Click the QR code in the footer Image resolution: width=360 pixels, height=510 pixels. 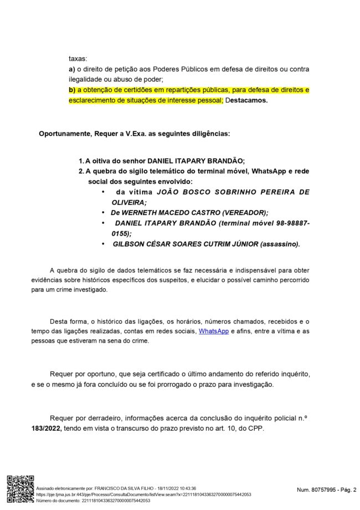point(20,489)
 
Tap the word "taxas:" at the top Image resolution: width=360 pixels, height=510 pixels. point(78,58)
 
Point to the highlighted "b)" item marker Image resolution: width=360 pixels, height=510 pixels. point(72,90)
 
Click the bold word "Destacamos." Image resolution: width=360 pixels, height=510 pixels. point(246,100)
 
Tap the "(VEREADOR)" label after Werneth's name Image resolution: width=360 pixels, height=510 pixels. point(244,212)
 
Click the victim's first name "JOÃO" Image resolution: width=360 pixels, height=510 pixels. point(172,192)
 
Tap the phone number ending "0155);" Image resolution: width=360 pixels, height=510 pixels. point(121,233)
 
